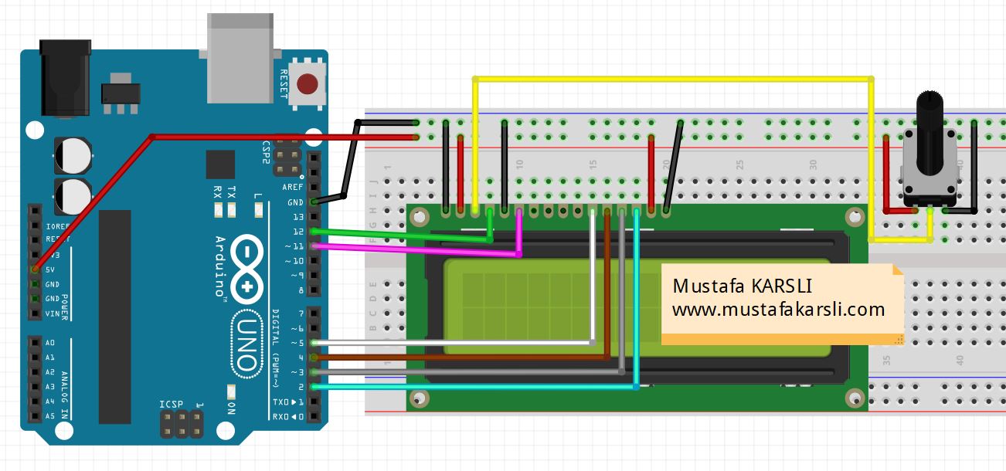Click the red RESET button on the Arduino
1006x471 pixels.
[309, 83]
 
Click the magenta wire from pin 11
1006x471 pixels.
[417, 249]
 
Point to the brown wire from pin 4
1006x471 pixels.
[464, 357]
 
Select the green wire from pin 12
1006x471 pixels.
[402, 235]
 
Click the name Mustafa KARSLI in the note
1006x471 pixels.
[742, 286]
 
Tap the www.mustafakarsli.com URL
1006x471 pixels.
[777, 310]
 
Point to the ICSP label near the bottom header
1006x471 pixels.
[171, 405]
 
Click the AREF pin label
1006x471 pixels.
[293, 188]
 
